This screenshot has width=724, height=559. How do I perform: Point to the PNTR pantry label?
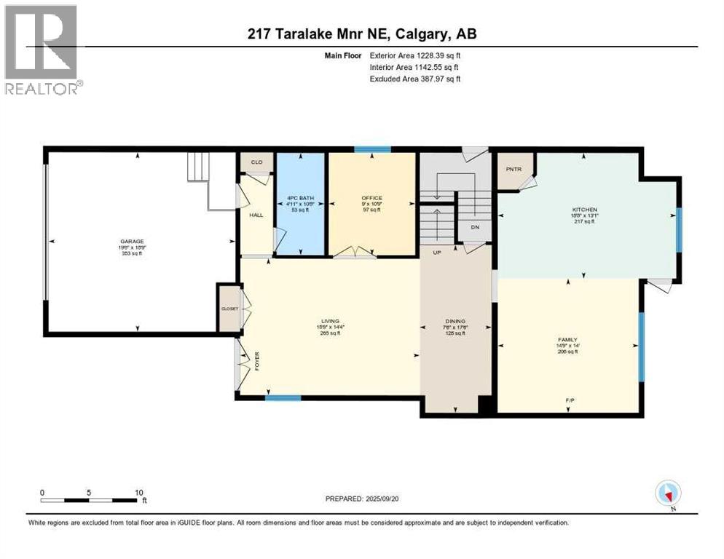(513, 168)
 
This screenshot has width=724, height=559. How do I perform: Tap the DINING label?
(455, 321)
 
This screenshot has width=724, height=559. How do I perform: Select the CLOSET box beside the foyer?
(229, 309)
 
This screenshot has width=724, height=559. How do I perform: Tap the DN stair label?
(474, 227)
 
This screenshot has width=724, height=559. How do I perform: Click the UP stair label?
(436, 252)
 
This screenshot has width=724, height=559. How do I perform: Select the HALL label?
(256, 215)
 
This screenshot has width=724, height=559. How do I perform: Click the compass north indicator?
(668, 493)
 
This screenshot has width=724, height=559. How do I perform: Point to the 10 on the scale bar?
(138, 492)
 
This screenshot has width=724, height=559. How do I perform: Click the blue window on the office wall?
(371, 150)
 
